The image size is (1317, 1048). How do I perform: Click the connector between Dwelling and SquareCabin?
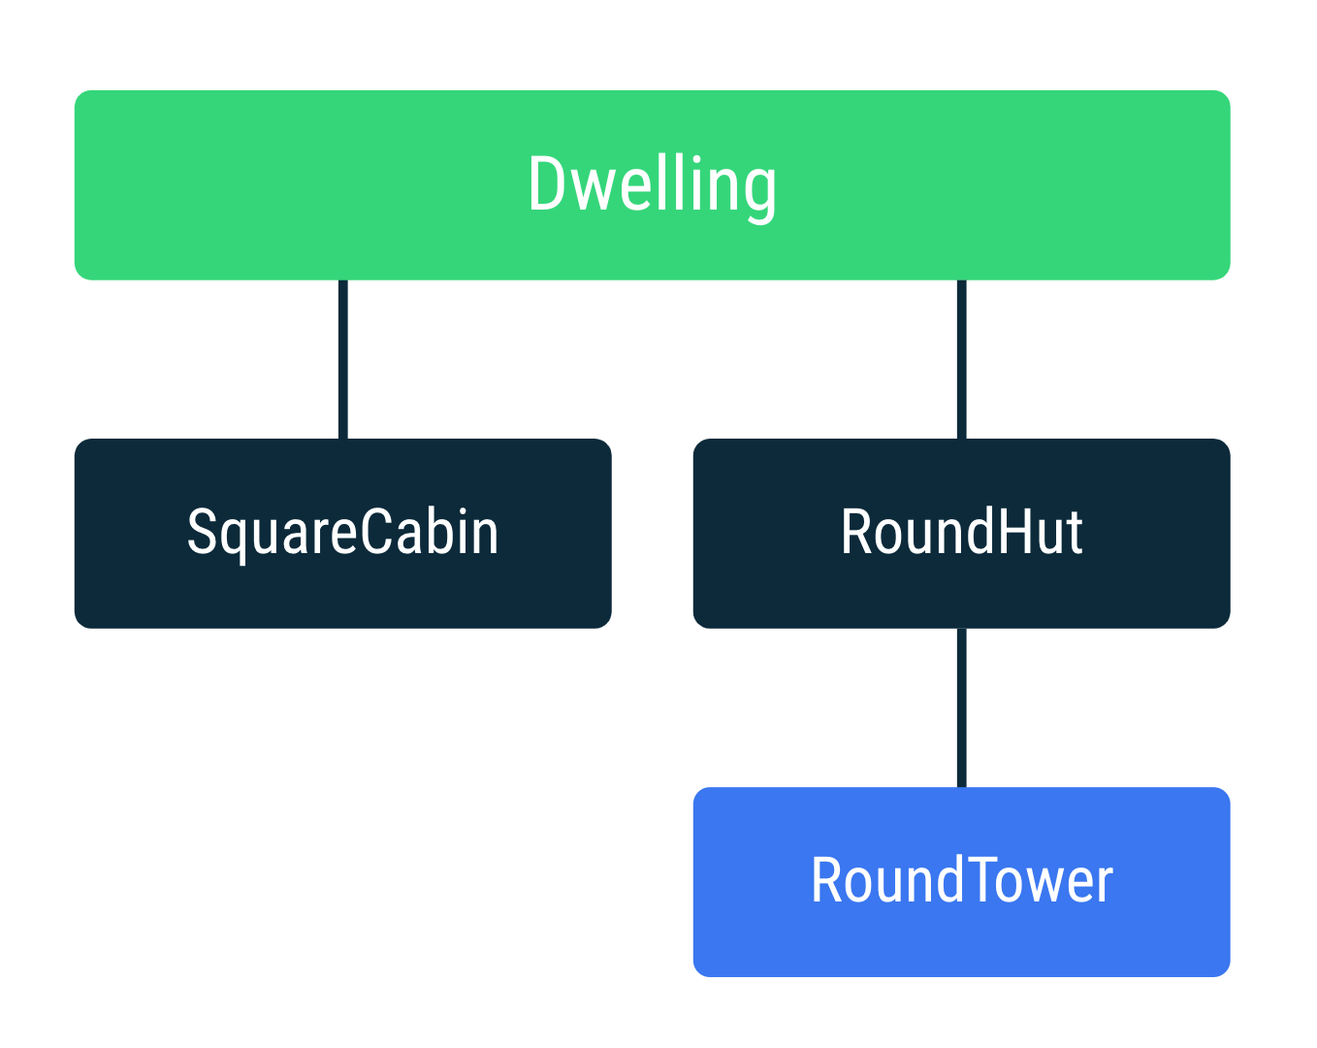click(343, 359)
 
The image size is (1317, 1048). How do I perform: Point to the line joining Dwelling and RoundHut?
click(961, 359)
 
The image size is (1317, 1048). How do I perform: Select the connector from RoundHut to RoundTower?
click(961, 707)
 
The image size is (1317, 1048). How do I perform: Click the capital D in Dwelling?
click(546, 184)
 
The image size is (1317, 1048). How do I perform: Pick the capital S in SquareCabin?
click(201, 533)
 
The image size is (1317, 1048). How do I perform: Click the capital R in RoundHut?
click(856, 533)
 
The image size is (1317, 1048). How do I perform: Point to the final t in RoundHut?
click(1073, 535)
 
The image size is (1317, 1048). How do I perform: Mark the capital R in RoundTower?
click(826, 881)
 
